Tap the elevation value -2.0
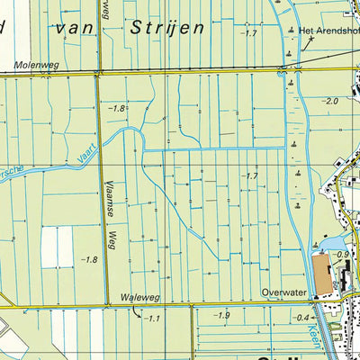[x=330, y=102]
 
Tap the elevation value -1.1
[x=150, y=318]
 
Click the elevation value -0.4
[x=303, y=318]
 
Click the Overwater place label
[x=279, y=293]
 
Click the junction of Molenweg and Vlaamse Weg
[x=98, y=75]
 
